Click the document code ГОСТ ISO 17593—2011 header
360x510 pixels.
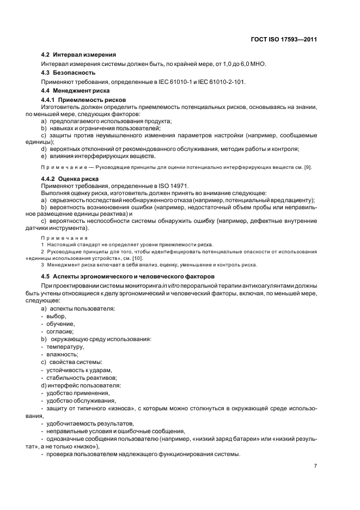(283, 39)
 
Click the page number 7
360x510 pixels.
(315, 466)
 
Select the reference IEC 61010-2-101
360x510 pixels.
(220, 82)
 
